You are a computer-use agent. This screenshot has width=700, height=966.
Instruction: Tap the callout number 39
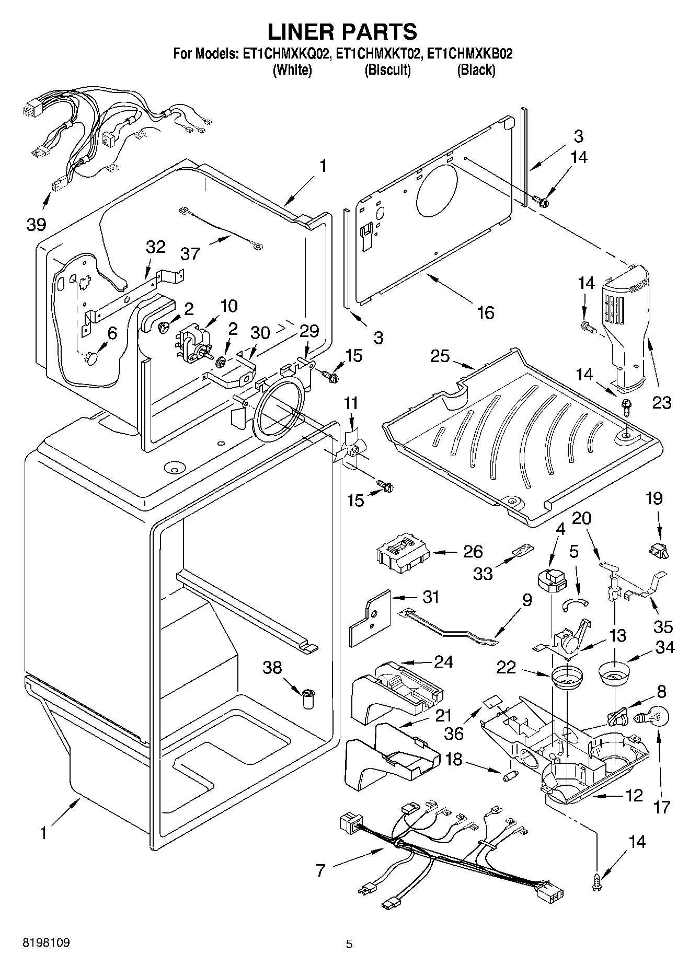(36, 225)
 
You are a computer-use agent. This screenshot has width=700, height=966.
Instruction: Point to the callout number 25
(440, 356)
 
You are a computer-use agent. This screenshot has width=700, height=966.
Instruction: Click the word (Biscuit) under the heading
(387, 70)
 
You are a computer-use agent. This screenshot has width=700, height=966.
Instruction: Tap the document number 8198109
(46, 943)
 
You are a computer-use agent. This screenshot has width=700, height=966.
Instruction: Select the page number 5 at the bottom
(349, 944)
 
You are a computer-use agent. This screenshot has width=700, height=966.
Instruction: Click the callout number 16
(486, 312)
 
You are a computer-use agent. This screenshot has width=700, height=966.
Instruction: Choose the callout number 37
(190, 253)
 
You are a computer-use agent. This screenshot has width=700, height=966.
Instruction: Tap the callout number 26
(473, 552)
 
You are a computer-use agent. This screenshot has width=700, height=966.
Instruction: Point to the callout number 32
(155, 247)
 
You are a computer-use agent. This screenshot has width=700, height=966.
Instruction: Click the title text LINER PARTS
(342, 31)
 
